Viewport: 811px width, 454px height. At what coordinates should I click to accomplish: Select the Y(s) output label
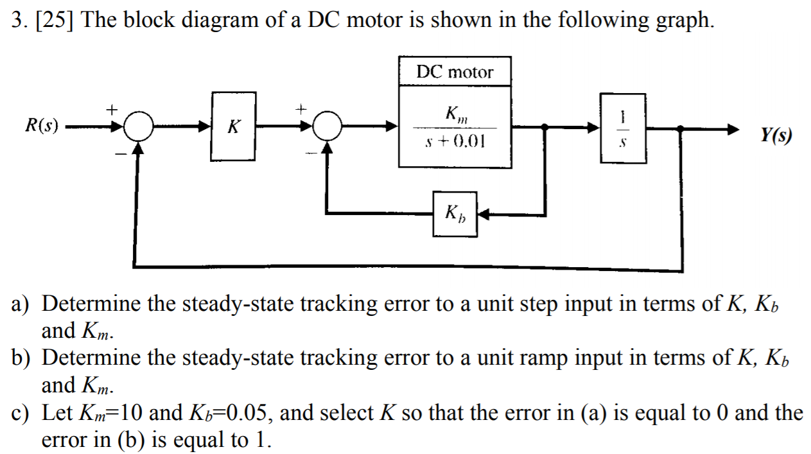pos(776,135)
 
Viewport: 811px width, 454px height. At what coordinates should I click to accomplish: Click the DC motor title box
pos(455,71)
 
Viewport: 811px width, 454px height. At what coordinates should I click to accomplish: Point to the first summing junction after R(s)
pos(138,127)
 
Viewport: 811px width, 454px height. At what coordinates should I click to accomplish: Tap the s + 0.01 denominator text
pos(455,141)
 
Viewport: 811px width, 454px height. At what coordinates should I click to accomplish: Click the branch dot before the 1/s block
pos(545,128)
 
